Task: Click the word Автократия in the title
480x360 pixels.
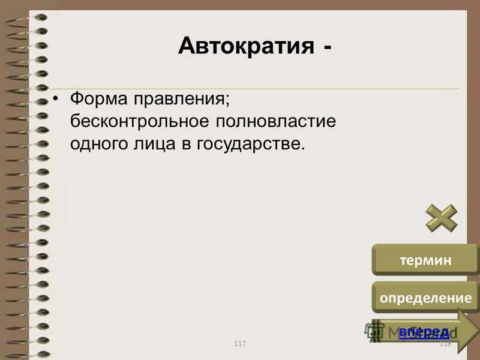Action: click(245, 46)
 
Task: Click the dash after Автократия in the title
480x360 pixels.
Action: click(324, 46)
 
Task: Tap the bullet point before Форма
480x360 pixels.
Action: click(56, 98)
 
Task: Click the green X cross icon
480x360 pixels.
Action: click(442, 218)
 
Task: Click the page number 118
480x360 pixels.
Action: click(445, 343)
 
